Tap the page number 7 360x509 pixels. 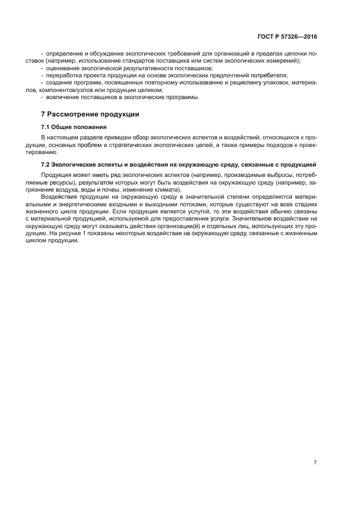tap(315, 462)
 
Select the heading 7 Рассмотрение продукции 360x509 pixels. tap(90, 114)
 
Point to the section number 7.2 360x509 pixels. tap(46, 164)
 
